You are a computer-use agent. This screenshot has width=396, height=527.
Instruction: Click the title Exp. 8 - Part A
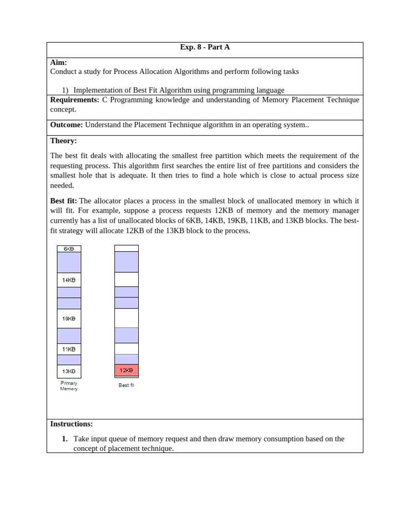[205, 47]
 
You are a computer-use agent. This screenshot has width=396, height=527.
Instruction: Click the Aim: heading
[58, 62]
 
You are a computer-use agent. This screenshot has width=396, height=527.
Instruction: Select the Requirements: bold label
[74, 100]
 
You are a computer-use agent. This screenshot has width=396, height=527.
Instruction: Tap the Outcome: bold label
[66, 125]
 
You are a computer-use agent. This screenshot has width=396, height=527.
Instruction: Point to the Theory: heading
[63, 141]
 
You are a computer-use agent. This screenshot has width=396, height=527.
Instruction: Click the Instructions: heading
[71, 424]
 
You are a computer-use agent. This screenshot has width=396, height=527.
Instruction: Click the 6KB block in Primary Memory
[69, 249]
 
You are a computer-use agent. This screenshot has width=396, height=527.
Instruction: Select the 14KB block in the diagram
[69, 280]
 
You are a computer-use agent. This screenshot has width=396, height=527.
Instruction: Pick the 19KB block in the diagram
[69, 319]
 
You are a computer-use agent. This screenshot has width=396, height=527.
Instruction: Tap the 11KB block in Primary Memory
[69, 349]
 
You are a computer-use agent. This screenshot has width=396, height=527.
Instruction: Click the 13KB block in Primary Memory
[69, 371]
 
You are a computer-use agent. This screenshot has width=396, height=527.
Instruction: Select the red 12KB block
[126, 370]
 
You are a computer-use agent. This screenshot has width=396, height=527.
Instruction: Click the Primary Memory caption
[69, 386]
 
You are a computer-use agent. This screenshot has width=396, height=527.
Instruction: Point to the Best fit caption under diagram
[126, 385]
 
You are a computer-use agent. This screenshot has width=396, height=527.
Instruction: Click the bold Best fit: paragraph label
[63, 201]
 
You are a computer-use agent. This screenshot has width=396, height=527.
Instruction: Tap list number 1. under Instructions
[64, 439]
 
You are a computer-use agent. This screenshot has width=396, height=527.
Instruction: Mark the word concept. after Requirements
[63, 110]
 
